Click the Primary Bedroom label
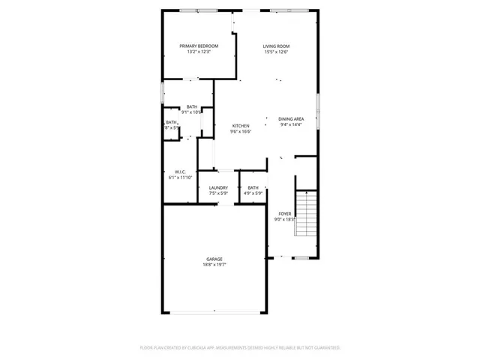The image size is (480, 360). tap(198, 46)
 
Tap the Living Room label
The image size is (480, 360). tap(276, 46)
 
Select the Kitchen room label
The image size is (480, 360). tap(241, 125)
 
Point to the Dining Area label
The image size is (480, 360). tap(291, 119)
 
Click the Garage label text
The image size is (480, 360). tap(214, 259)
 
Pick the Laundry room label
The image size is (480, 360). tap(218, 187)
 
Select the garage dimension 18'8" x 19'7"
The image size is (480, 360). tap(214, 265)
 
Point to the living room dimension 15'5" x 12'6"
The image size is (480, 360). tap(276, 52)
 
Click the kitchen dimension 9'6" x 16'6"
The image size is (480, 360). tap(241, 131)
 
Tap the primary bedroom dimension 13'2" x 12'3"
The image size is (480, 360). tap(198, 52)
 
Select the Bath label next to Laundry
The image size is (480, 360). tap(253, 187)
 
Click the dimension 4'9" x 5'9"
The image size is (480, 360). tap(253, 193)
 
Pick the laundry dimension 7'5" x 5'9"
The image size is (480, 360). tap(218, 193)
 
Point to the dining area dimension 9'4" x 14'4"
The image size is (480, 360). tap(291, 125)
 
